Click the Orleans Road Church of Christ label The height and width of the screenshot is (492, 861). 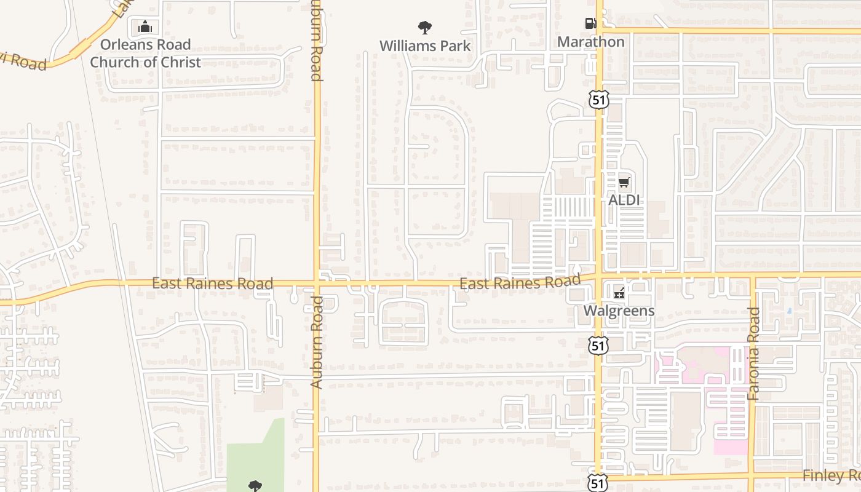click(146, 53)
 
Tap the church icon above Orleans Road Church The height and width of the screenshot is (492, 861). click(145, 26)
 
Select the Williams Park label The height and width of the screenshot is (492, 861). click(424, 46)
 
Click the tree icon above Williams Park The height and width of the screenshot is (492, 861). click(424, 27)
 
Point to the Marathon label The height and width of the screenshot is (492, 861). click(590, 42)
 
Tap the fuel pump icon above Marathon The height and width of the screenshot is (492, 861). click(590, 24)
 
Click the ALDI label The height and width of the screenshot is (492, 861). click(624, 200)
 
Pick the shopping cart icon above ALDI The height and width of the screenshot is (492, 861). click(624, 182)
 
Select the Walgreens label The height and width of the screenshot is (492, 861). click(619, 311)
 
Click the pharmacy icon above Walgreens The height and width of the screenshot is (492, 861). click(619, 293)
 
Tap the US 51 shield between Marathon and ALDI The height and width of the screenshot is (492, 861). click(598, 99)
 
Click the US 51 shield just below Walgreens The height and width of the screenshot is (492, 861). click(598, 345)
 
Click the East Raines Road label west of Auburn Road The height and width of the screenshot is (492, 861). click(212, 284)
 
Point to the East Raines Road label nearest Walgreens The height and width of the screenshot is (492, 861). click(520, 283)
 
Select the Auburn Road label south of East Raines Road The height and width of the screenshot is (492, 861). click(316, 342)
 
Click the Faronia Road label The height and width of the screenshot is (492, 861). click(754, 354)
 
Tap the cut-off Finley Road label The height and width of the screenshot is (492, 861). click(831, 475)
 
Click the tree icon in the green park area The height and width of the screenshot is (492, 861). click(255, 486)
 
